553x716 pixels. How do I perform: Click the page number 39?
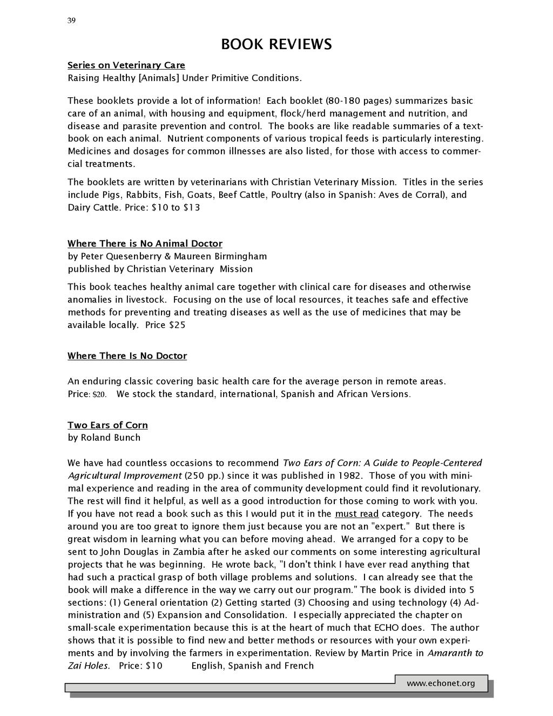pyautogui.click(x=71, y=21)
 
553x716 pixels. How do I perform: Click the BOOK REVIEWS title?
pyautogui.click(x=276, y=44)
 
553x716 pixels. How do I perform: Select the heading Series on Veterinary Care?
pyautogui.click(x=126, y=65)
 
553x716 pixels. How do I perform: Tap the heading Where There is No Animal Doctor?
pyautogui.click(x=145, y=244)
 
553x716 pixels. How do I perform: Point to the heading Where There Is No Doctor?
pyautogui.click(x=127, y=356)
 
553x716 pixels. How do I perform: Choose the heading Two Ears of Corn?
pyautogui.click(x=107, y=425)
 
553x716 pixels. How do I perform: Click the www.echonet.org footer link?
pyautogui.click(x=441, y=684)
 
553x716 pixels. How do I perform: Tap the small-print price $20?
pyautogui.click(x=100, y=394)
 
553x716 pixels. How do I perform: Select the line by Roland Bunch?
pyautogui.click(x=104, y=438)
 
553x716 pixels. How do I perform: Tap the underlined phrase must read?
pyautogui.click(x=356, y=514)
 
